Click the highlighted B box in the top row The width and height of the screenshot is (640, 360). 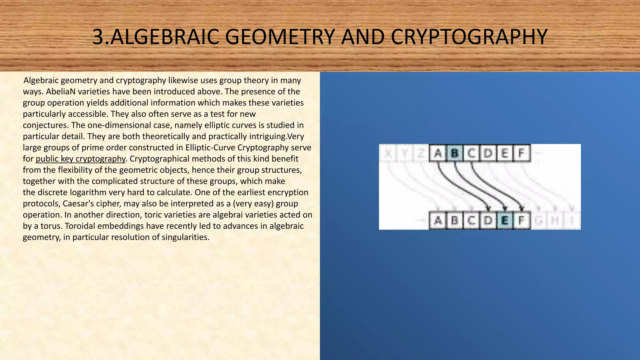click(455, 153)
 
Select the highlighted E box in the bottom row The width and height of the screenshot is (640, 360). click(504, 221)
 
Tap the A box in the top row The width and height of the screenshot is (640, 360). click(438, 153)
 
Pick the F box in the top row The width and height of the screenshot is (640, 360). click(521, 153)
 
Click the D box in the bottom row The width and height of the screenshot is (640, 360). click(487, 221)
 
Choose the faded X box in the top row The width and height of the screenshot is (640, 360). click(388, 153)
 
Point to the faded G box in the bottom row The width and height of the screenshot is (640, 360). click(538, 221)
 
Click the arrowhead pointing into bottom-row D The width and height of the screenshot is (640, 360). click(488, 208)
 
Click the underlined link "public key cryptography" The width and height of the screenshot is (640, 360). click(80, 159)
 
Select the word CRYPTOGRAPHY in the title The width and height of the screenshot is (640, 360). click(469, 37)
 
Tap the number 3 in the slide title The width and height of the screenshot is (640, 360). click(98, 37)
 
